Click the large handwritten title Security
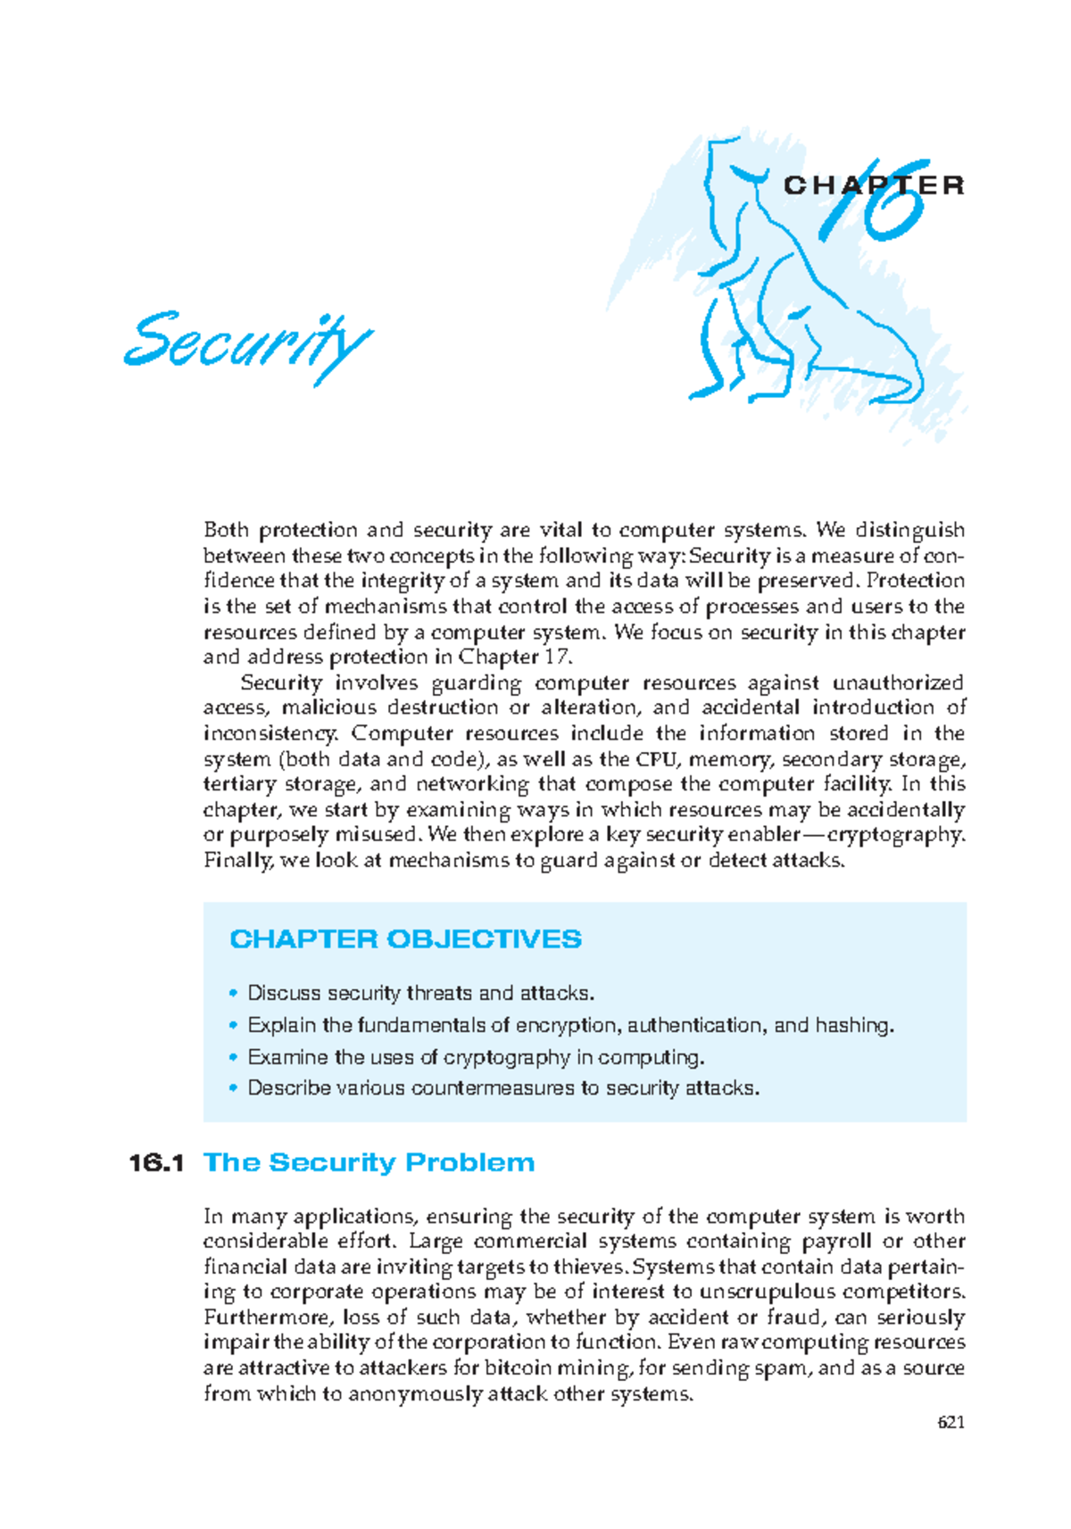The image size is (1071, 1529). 247,343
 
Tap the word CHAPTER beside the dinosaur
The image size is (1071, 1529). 874,186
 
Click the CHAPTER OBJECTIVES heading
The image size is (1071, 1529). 405,939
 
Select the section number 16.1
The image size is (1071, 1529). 156,1163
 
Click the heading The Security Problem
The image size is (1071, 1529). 369,1163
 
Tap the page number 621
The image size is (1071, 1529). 951,1422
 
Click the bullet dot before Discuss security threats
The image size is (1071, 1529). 234,993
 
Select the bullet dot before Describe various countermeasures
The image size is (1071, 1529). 234,1088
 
